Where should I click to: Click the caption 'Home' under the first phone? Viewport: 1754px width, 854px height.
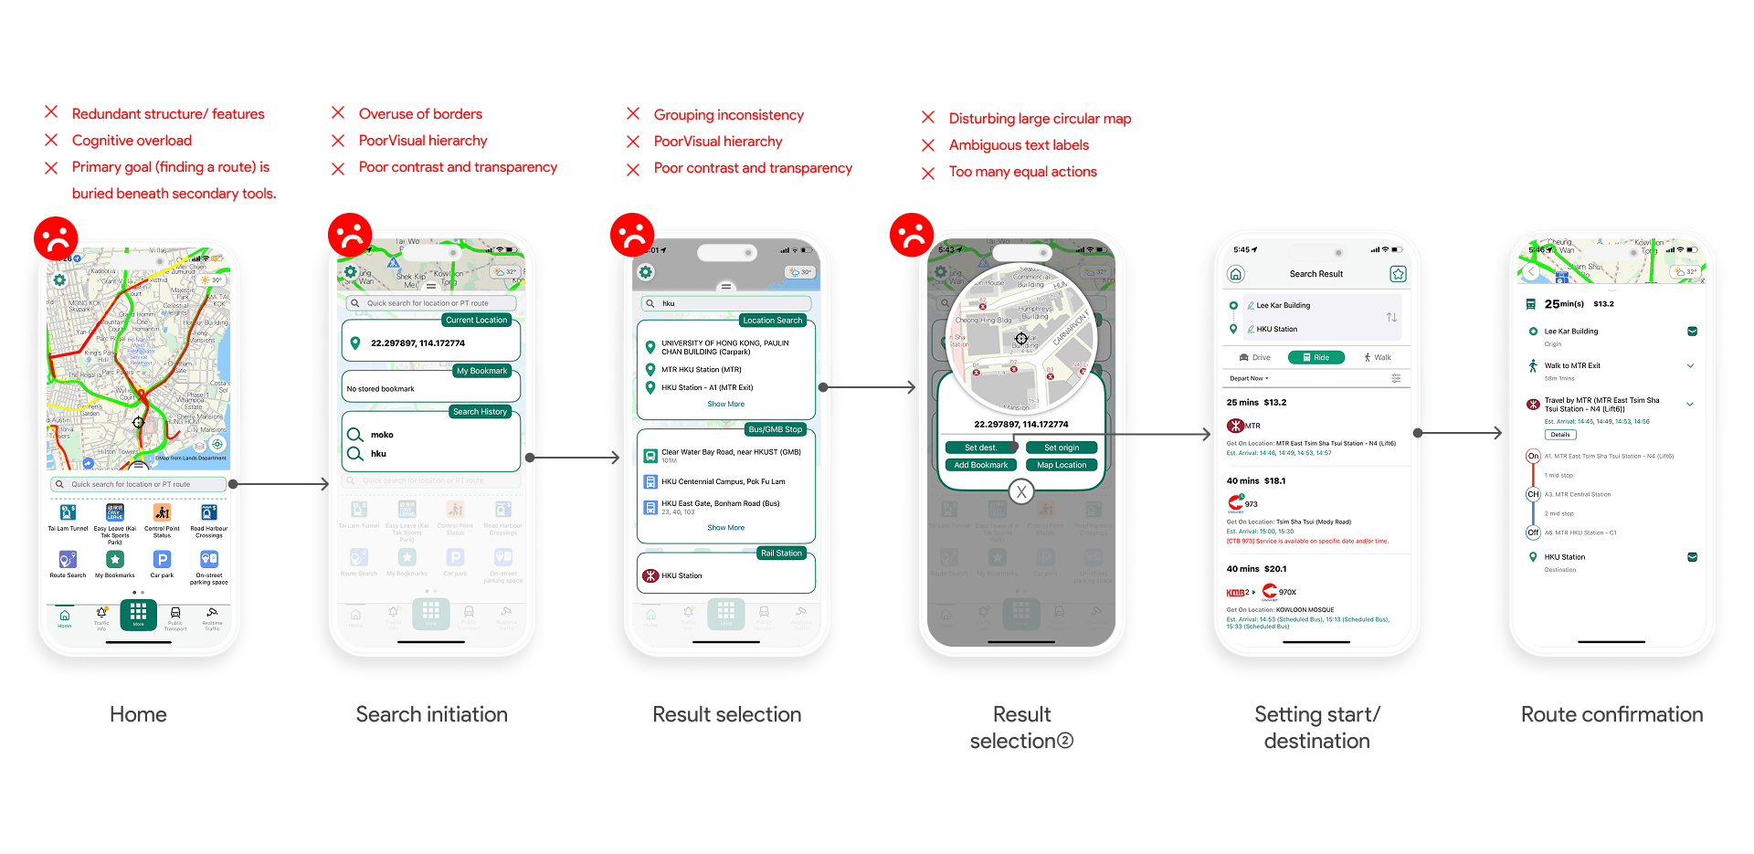click(138, 714)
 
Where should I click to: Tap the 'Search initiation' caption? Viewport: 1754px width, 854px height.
click(431, 714)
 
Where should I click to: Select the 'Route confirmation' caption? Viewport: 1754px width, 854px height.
click(1611, 714)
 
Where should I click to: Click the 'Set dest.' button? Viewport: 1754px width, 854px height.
click(981, 448)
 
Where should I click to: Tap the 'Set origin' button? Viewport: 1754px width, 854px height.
click(1062, 448)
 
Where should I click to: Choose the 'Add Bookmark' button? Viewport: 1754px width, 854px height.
click(981, 465)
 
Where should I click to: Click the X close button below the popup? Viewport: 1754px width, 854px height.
click(1021, 491)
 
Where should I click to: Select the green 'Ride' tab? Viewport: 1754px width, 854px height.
click(1315, 357)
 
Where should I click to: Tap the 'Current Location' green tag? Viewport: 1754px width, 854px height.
click(476, 321)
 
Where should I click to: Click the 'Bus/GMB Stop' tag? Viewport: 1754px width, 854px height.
click(775, 429)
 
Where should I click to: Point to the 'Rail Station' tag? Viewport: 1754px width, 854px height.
click(781, 554)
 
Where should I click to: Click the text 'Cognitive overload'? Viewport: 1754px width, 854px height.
click(132, 141)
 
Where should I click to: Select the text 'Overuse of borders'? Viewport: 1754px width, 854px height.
click(420, 114)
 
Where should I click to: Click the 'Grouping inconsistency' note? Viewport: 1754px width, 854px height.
click(728, 115)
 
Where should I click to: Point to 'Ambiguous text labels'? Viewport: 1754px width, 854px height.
click(1019, 145)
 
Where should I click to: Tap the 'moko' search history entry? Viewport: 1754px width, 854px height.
click(382, 435)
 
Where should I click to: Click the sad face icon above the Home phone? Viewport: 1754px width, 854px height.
click(56, 238)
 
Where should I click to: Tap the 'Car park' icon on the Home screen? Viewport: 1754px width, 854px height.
click(162, 561)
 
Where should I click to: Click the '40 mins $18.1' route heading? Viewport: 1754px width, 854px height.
click(1255, 480)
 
